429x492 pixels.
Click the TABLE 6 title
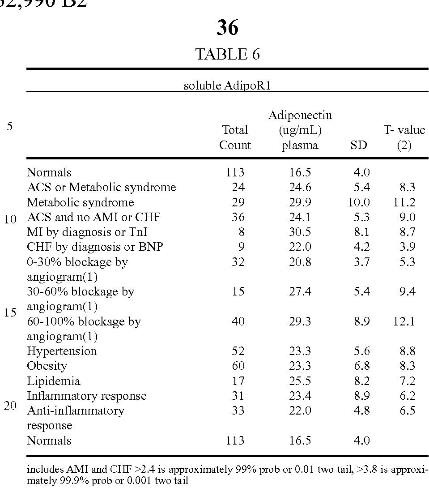click(x=227, y=54)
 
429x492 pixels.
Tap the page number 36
click(x=227, y=28)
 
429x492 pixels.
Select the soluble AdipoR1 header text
click(x=227, y=86)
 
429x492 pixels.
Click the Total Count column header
click(x=235, y=137)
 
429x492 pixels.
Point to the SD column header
click(x=359, y=145)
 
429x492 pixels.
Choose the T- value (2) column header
click(x=404, y=137)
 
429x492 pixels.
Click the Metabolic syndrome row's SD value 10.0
click(x=359, y=202)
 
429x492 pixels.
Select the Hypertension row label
click(x=62, y=351)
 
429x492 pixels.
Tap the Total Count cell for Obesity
click(x=238, y=366)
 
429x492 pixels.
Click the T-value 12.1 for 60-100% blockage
click(x=404, y=321)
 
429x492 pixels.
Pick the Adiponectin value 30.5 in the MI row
click(x=300, y=232)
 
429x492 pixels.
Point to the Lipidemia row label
click(x=54, y=381)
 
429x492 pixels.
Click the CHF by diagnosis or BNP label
click(x=95, y=247)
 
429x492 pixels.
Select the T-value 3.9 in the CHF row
click(x=407, y=247)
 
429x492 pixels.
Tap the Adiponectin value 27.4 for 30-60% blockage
click(x=300, y=291)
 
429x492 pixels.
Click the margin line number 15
click(x=10, y=312)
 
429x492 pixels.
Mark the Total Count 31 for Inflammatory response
click(x=238, y=396)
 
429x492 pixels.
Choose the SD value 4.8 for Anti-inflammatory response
click(x=361, y=411)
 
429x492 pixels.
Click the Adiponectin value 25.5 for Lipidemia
click(x=300, y=381)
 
